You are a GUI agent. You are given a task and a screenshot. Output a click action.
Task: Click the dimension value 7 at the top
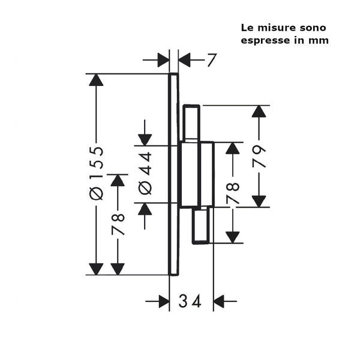pyautogui.click(x=212, y=60)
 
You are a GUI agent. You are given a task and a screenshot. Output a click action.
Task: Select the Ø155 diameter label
pyautogui.click(x=96, y=173)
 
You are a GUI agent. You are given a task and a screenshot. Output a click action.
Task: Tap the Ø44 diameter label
pyautogui.click(x=145, y=173)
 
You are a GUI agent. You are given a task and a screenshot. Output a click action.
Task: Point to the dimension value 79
pyautogui.click(x=259, y=157)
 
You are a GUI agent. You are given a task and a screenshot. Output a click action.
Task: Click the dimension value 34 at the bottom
pyautogui.click(x=190, y=301)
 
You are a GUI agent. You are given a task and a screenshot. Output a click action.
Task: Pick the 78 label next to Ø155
pyautogui.click(x=118, y=224)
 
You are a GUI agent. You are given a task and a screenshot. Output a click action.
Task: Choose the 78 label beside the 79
pyautogui.click(x=233, y=193)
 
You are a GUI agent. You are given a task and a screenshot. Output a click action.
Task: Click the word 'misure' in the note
pyautogui.click(x=272, y=28)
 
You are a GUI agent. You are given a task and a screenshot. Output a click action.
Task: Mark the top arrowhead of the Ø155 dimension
pyautogui.click(x=96, y=80)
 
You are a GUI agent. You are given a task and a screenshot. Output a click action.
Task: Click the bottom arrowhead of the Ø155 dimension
pyautogui.click(x=96, y=269)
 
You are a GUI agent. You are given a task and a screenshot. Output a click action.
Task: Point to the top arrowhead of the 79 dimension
pyautogui.click(x=259, y=112)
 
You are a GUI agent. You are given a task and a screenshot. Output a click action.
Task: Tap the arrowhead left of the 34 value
pyautogui.click(x=164, y=301)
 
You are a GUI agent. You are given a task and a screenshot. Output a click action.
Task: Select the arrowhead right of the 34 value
pyautogui.click(x=219, y=301)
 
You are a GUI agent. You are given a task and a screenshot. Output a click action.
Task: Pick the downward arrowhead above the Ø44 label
pyautogui.click(x=145, y=140)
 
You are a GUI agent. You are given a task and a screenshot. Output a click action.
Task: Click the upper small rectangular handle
pyautogui.click(x=191, y=122)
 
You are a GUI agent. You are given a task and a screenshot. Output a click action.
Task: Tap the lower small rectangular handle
pyautogui.click(x=201, y=225)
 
